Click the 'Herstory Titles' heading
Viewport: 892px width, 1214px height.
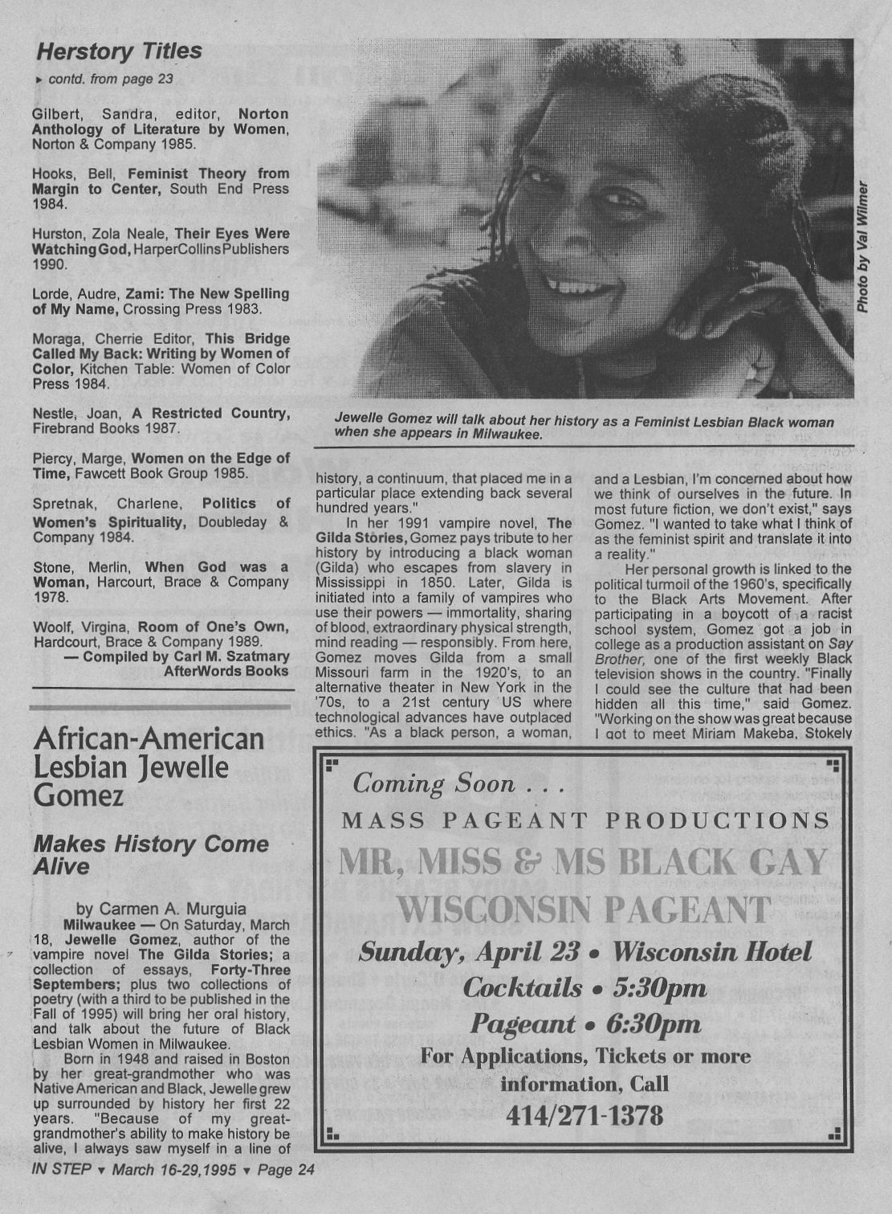(x=119, y=51)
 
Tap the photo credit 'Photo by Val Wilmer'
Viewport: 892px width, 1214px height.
(x=862, y=247)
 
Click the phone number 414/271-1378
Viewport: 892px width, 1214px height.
(x=584, y=1115)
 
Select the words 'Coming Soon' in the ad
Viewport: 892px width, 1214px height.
(x=434, y=783)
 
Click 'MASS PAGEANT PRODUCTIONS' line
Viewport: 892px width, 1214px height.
(x=585, y=820)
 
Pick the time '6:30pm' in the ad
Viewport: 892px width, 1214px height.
(x=654, y=1024)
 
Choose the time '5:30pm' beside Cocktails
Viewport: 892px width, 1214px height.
(x=659, y=987)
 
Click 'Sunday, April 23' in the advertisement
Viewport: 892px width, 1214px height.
(x=470, y=952)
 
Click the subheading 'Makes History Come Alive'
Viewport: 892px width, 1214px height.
(x=151, y=855)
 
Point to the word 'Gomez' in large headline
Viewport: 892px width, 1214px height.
(x=79, y=795)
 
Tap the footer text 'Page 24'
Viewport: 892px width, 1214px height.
(x=286, y=1170)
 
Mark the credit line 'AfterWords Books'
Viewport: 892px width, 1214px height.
(x=226, y=671)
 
